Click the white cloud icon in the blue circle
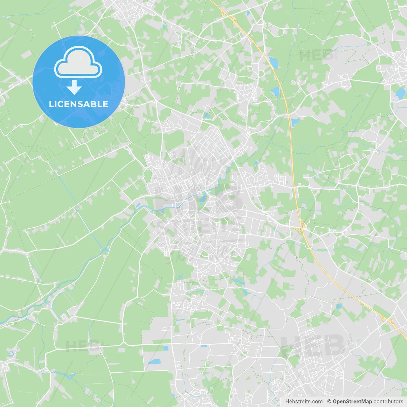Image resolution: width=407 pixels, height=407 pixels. coord(78,62)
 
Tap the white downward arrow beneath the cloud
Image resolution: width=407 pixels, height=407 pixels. coord(74,87)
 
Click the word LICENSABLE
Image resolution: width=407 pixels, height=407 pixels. coord(78,104)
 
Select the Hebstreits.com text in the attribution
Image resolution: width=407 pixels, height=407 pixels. coord(304,402)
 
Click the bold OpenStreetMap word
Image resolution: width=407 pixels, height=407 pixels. coord(352,402)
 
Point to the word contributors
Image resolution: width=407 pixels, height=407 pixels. coord(388,402)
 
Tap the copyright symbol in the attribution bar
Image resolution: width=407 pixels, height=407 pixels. coord(329,402)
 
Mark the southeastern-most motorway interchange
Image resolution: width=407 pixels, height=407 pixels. coord(387,320)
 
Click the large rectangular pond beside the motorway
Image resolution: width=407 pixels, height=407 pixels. coord(273,62)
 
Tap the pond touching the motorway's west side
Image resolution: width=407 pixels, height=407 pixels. coord(275,92)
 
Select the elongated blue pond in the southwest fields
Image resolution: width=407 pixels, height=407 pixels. coord(155,362)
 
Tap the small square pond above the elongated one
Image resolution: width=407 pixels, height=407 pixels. coord(165,348)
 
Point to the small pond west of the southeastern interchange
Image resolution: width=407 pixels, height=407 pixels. coord(339,306)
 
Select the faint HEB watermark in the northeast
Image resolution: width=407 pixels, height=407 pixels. coord(317,56)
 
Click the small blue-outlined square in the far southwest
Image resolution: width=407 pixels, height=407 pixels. coord(12,353)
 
